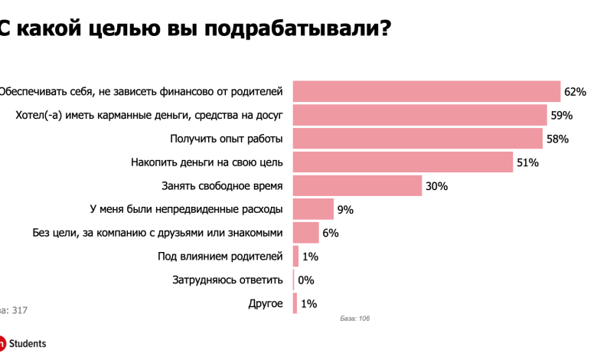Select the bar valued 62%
(426, 92)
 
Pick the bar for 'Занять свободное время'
(357, 186)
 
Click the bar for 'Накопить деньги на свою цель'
(403, 162)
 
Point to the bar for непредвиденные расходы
(313, 209)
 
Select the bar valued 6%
(305, 233)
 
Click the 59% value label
(561, 116)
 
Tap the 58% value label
(556, 139)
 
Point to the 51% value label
(527, 162)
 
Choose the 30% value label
(437, 186)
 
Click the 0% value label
(306, 280)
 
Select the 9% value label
(345, 209)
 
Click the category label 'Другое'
(266, 304)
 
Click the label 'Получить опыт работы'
(226, 139)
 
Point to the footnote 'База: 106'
(354, 318)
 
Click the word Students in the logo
(28, 344)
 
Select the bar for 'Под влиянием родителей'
(295, 257)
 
